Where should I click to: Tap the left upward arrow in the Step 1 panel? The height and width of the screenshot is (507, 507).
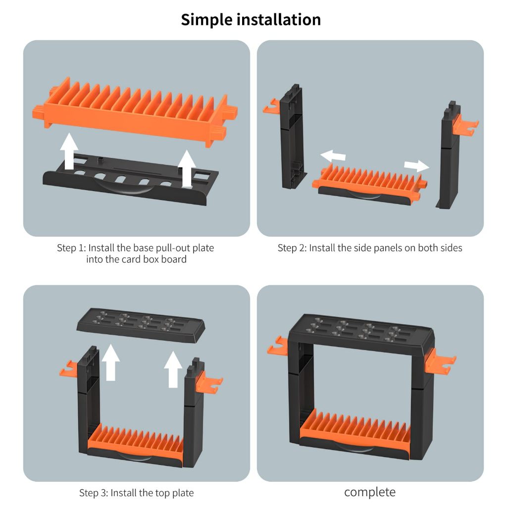tap(69, 151)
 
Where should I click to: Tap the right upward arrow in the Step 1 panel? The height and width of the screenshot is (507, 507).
tap(187, 168)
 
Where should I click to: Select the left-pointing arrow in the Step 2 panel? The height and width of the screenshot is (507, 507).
tap(333, 155)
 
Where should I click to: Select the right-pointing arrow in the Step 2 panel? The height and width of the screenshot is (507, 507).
tap(417, 165)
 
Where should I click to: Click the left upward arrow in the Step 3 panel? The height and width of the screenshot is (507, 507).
tap(110, 362)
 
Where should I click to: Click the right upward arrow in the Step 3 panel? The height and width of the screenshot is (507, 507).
tap(173, 369)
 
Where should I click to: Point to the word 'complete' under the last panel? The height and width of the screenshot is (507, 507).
tap(369, 492)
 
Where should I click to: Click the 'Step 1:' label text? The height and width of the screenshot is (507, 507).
tap(71, 248)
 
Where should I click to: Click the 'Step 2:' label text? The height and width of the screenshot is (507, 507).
tap(292, 248)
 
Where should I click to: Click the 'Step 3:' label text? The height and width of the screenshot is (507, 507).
tap(94, 493)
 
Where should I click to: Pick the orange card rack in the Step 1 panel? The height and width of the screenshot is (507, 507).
tap(135, 111)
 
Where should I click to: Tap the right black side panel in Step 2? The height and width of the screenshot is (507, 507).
tap(449, 155)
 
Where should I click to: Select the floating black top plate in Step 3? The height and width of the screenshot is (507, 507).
tap(141, 325)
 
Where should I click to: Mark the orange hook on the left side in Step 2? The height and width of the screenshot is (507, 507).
tap(271, 107)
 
